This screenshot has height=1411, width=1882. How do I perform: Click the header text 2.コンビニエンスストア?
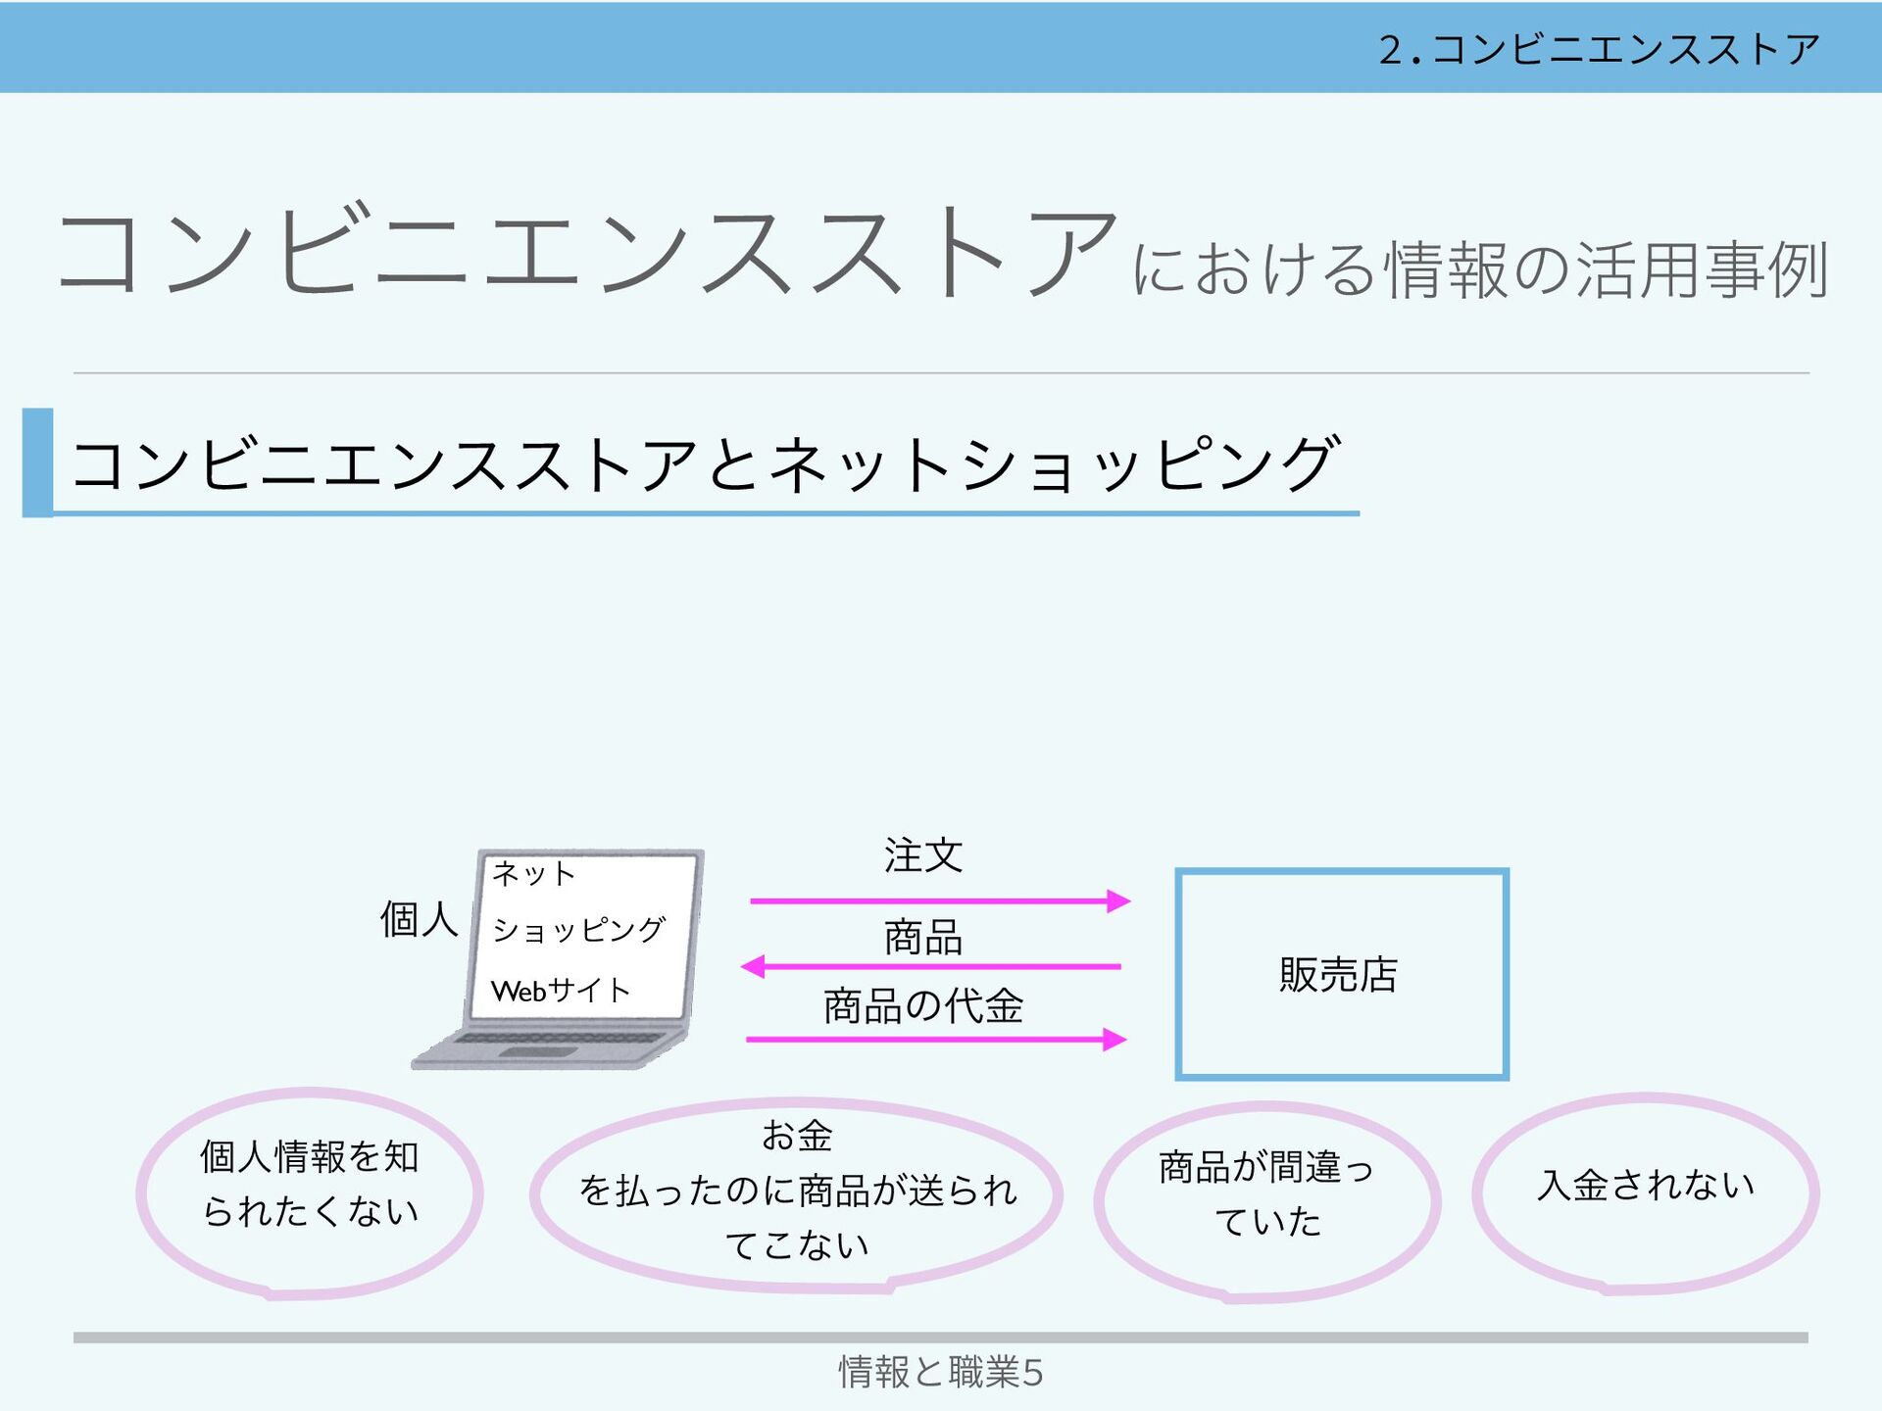pyautogui.click(x=1599, y=49)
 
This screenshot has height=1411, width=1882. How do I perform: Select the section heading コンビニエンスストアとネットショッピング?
pyautogui.click(x=704, y=464)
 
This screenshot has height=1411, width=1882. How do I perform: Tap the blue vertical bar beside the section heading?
pyautogui.click(x=37, y=462)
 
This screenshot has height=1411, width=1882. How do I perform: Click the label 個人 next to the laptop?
pyautogui.click(x=419, y=920)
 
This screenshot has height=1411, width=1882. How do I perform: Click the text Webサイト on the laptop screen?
pyautogui.click(x=560, y=991)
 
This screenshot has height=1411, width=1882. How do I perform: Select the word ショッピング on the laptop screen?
pyautogui.click(x=578, y=929)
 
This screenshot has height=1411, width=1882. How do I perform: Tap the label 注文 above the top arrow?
pyautogui.click(x=923, y=855)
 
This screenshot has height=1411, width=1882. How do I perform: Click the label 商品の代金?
pyautogui.click(x=923, y=1006)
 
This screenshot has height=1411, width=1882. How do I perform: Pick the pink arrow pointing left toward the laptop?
pyautogui.click(x=931, y=967)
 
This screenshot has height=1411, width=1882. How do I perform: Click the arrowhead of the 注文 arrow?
pyautogui.click(x=1117, y=901)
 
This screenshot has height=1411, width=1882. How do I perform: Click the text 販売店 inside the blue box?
pyautogui.click(x=1339, y=975)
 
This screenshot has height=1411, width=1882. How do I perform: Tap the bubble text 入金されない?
pyautogui.click(x=1646, y=1186)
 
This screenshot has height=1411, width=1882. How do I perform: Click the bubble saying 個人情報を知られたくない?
pyautogui.click(x=310, y=1184)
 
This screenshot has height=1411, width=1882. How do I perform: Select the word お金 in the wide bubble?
pyautogui.click(x=797, y=1136)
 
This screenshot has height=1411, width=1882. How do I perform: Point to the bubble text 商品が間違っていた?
pyautogui.click(x=1266, y=1194)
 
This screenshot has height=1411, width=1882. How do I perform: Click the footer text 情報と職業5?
pyautogui.click(x=940, y=1372)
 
